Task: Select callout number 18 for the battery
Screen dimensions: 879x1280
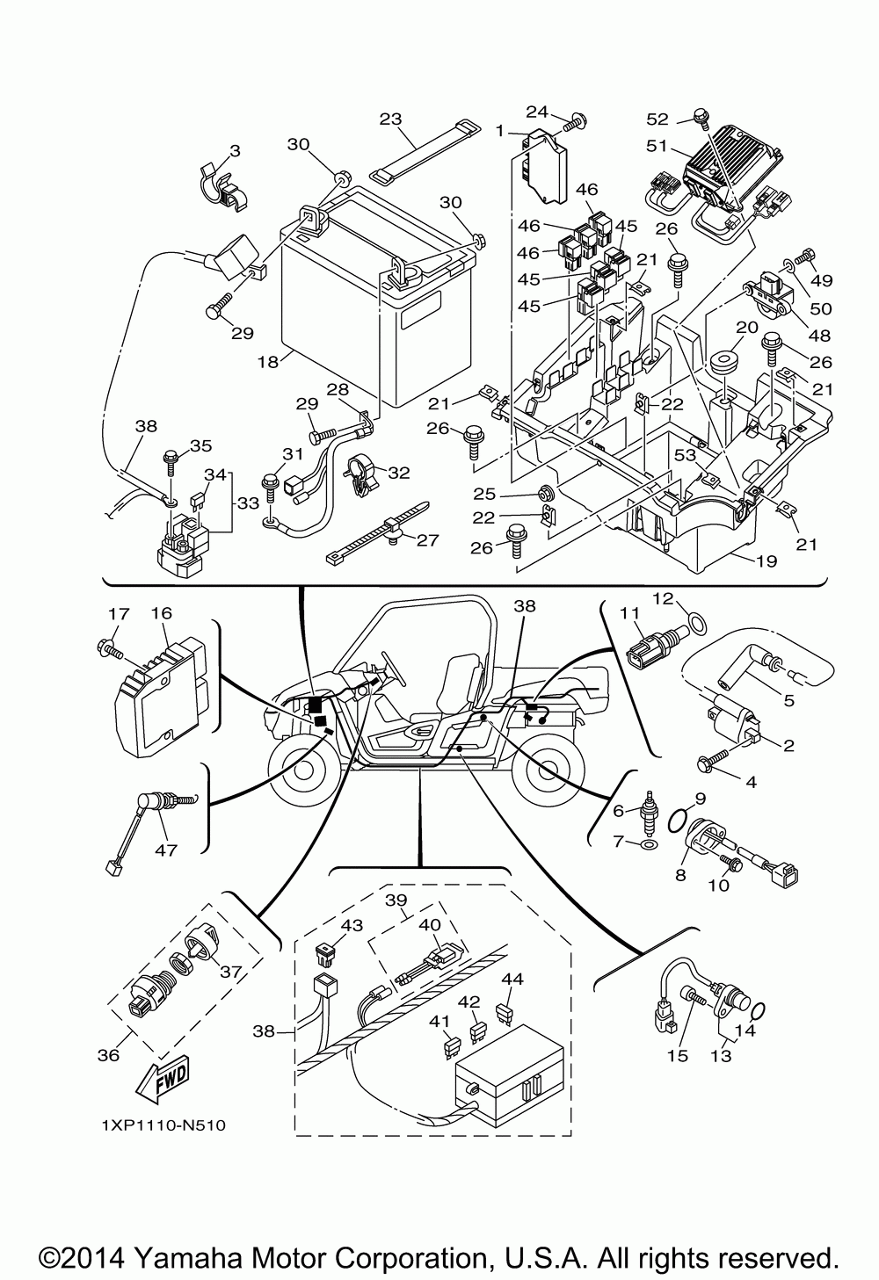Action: pos(267,361)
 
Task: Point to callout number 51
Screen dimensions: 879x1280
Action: pos(657,146)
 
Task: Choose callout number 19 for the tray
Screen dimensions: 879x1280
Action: pos(766,561)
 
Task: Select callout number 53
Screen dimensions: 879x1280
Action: pos(685,455)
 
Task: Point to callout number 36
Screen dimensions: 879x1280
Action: pos(108,1055)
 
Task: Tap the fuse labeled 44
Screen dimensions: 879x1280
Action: pos(505,1013)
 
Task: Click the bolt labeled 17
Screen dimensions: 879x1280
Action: pos(109,649)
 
